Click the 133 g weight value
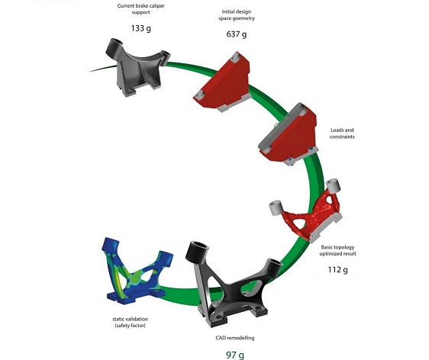(x=141, y=28)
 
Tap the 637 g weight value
(x=237, y=34)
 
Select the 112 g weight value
(x=338, y=270)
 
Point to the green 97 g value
(x=235, y=355)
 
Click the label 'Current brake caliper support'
(x=141, y=9)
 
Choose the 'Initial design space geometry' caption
(x=237, y=15)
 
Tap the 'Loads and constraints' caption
(x=342, y=133)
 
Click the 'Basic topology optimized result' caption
(x=338, y=250)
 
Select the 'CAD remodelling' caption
(x=235, y=338)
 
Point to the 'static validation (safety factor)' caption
(x=131, y=323)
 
